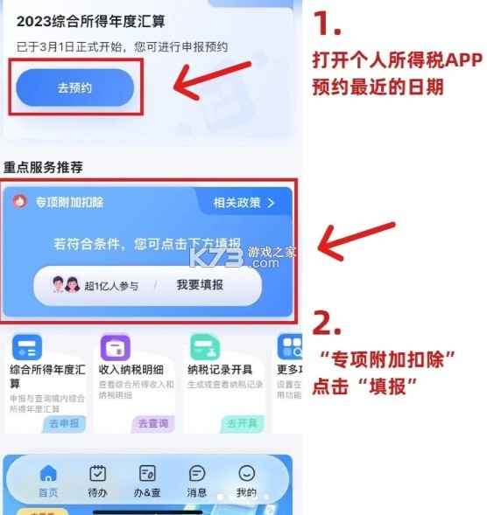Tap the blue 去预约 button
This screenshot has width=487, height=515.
75,87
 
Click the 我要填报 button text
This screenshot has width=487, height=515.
200,285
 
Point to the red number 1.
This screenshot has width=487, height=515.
328,24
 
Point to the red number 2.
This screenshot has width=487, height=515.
327,324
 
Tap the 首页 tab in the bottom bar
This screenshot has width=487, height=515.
48,481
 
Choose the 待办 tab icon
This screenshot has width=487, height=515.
98,481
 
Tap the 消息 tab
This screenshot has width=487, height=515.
198,481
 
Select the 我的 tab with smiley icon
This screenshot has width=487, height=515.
247,481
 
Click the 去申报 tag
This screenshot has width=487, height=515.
65,423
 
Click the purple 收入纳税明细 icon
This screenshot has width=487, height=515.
116,349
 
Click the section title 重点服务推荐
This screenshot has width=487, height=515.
48,166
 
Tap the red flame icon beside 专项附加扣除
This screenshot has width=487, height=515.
20,201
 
